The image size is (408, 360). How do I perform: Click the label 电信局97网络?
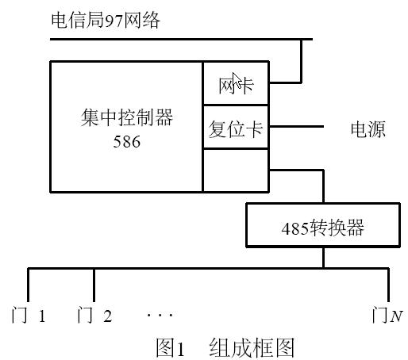[x=106, y=21]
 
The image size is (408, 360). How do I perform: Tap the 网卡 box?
[x=236, y=83]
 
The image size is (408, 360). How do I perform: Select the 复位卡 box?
[x=236, y=127]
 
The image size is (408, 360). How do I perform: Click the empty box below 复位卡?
[x=236, y=170]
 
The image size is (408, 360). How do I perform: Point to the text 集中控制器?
[x=127, y=117]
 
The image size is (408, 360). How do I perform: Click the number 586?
[x=127, y=142]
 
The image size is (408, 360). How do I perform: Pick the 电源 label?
[x=368, y=129]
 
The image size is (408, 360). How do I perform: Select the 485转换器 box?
[x=323, y=225]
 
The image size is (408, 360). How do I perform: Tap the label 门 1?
[x=29, y=315]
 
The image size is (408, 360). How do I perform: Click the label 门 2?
[x=94, y=315]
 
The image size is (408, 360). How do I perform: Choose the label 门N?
[x=387, y=315]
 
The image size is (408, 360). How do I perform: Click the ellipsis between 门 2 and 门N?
[x=160, y=315]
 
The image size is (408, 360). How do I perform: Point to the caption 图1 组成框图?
[x=225, y=348]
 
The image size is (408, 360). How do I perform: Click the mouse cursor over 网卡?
[x=237, y=80]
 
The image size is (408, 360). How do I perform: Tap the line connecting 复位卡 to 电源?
[x=296, y=126]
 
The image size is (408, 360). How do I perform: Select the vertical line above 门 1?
[x=29, y=285]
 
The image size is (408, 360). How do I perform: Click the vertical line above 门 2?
[x=94, y=285]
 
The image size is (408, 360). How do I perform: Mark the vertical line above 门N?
[x=388, y=285]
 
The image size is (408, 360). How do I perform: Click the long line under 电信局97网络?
[x=182, y=39]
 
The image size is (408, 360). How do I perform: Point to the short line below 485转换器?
[x=323, y=258]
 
